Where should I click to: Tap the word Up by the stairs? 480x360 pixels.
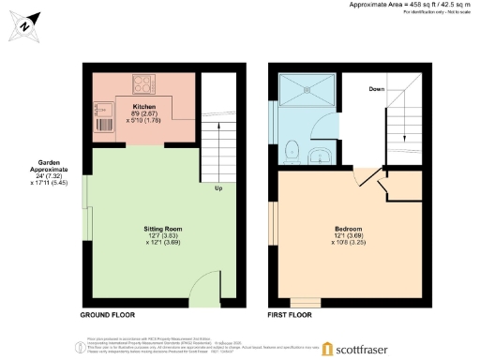tap(218, 187)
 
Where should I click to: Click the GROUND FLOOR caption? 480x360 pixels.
tap(110, 316)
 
